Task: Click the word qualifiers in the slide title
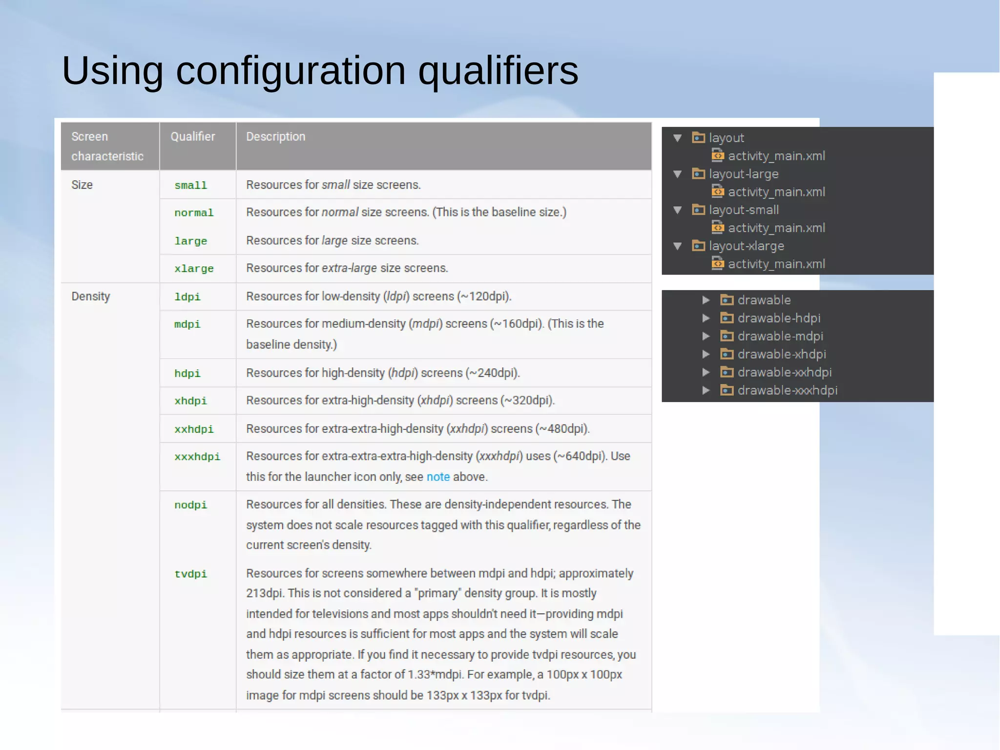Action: click(x=498, y=71)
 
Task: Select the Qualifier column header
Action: click(x=193, y=137)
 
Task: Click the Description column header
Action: click(x=275, y=137)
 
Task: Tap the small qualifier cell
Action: click(x=190, y=186)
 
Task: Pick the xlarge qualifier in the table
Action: click(x=194, y=269)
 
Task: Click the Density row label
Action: click(x=91, y=297)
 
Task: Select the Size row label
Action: click(x=82, y=185)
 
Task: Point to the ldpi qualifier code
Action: click(x=187, y=297)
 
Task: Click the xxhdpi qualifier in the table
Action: click(x=194, y=429)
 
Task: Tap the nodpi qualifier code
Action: click(x=190, y=505)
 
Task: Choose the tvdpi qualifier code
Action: click(x=190, y=574)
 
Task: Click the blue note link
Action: click(x=438, y=477)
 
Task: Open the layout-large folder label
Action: click(x=743, y=174)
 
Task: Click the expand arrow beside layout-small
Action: click(x=677, y=210)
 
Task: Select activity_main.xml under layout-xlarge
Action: click(x=776, y=264)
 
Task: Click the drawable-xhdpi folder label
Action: click(x=781, y=354)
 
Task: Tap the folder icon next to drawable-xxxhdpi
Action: click(x=727, y=390)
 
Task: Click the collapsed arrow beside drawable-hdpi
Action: click(x=706, y=318)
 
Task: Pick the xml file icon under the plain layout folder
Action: click(x=717, y=156)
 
